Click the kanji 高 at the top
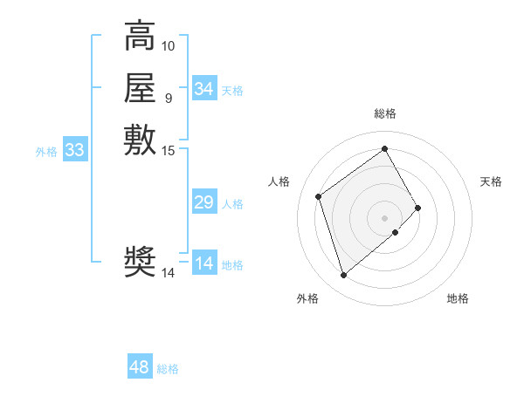coord(140,38)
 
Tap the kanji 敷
coord(140,139)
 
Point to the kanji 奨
coord(140,261)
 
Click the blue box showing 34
coord(204,89)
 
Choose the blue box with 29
coord(204,202)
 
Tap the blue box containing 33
coord(75,150)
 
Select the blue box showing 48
coord(140,367)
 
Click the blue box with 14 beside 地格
coord(204,263)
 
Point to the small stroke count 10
coord(169,45)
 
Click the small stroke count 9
coord(168,97)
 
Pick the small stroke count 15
coord(169,151)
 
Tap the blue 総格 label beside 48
coord(168,369)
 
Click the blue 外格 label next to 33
coord(46,152)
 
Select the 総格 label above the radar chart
coord(385,114)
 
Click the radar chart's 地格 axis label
coord(458,298)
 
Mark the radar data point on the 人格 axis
coord(319,196)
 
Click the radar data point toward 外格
coord(343,276)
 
